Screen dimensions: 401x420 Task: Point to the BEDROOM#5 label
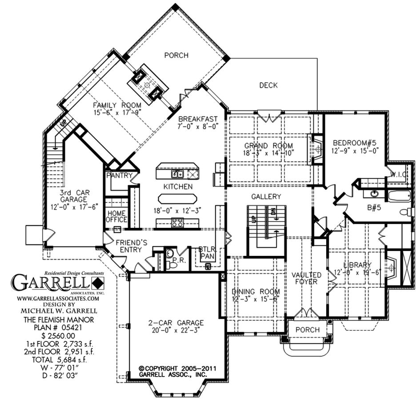355,142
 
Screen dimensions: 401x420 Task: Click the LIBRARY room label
357,265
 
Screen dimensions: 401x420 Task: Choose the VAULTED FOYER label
306,278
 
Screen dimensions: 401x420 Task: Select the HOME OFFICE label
117,216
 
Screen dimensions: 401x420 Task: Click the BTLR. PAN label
207,253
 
